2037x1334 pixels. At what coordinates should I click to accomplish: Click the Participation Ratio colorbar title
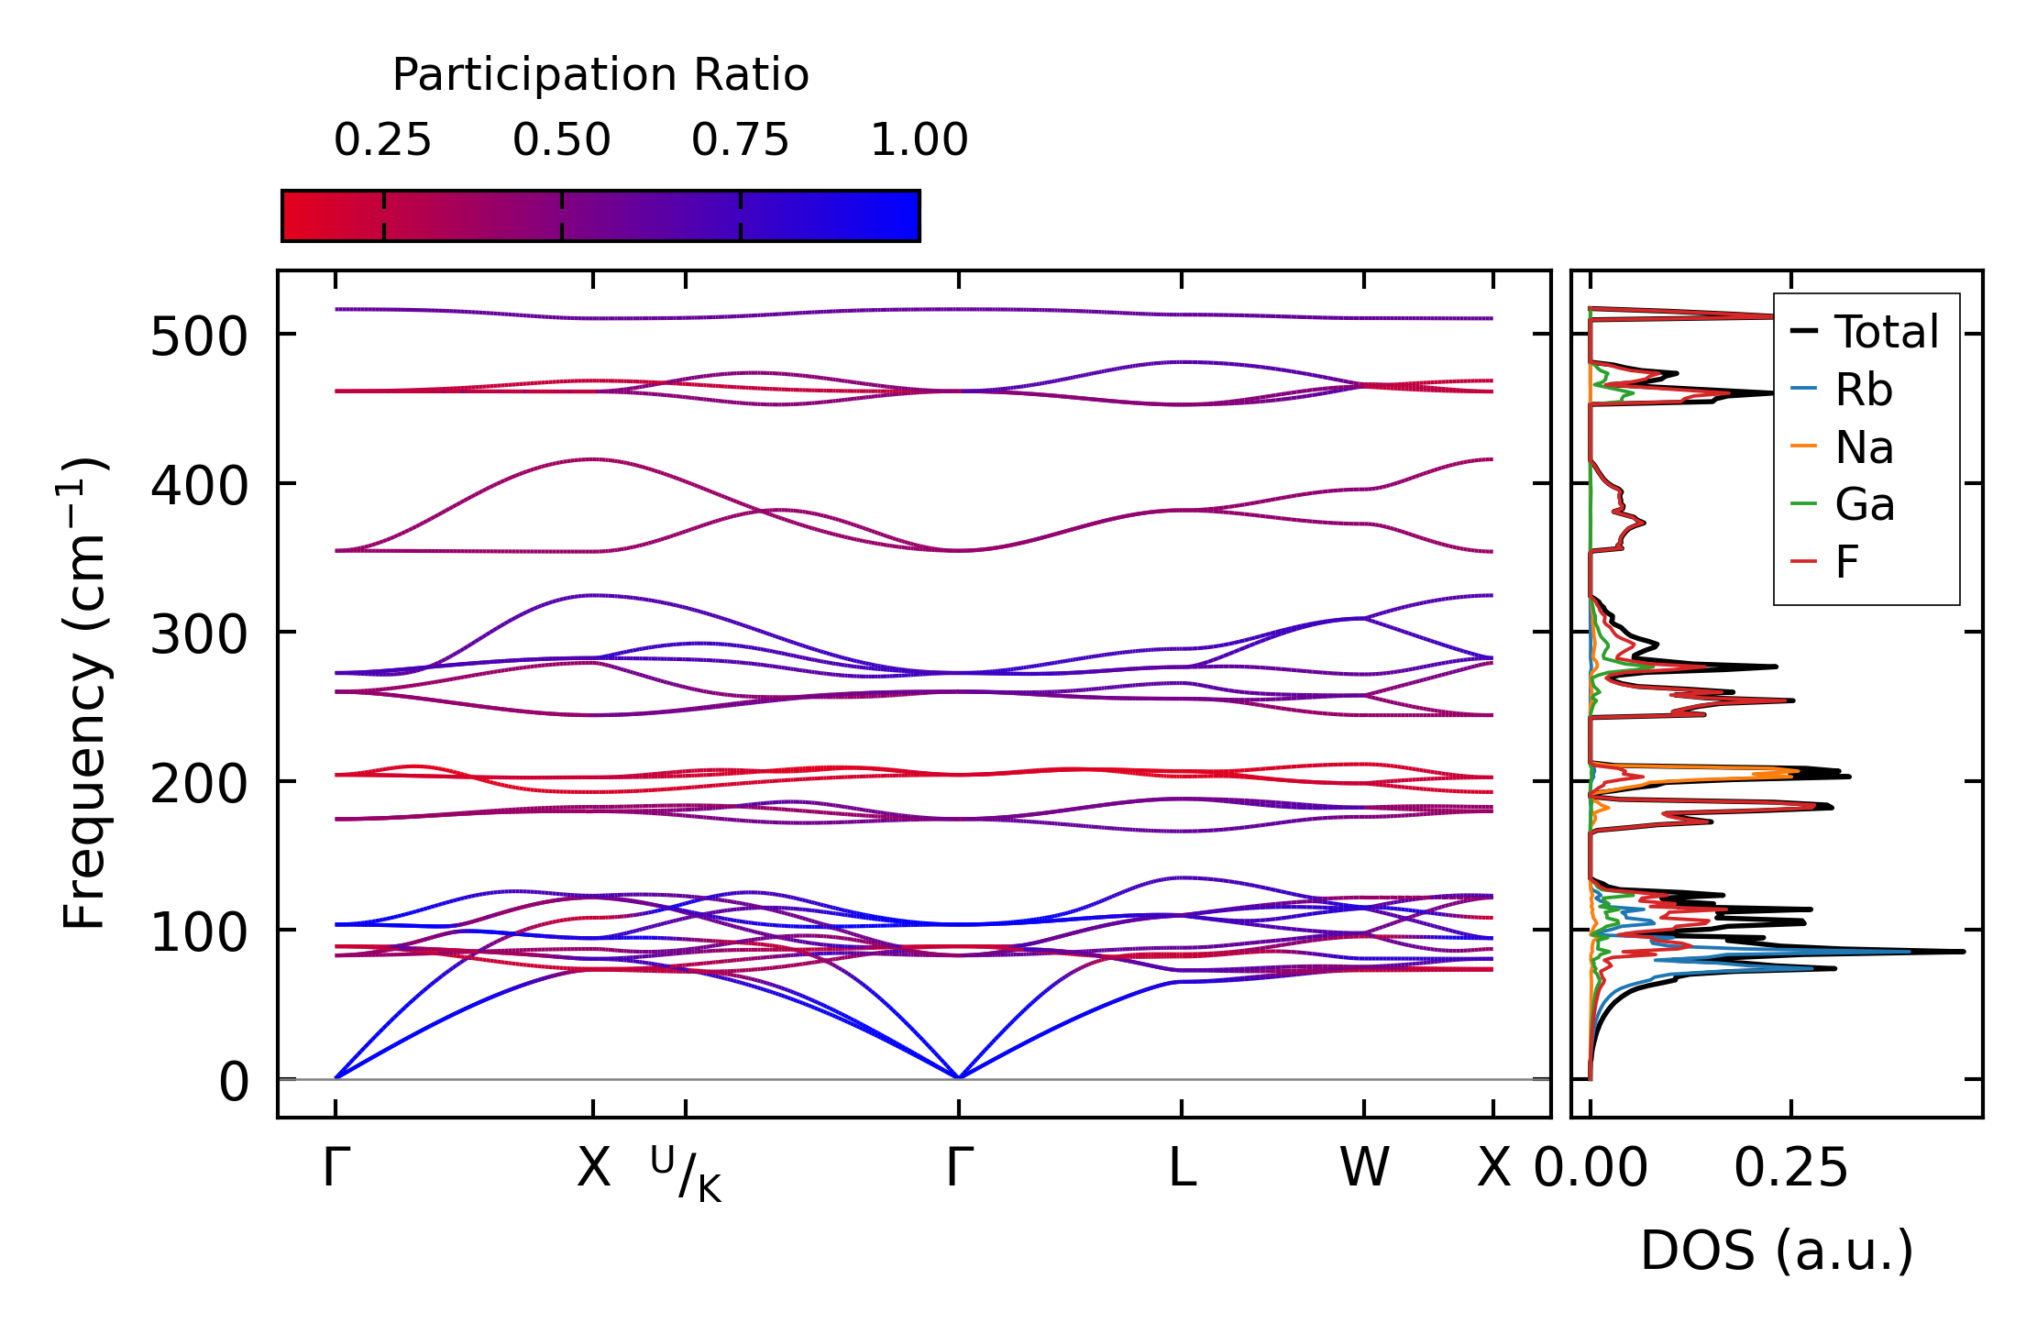pos(600,75)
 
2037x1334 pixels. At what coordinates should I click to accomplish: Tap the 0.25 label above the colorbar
pos(382,140)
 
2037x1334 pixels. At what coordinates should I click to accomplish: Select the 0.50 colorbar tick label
pos(561,140)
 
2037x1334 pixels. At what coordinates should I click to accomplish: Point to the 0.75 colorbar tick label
pos(740,140)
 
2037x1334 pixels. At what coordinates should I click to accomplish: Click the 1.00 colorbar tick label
pos(919,140)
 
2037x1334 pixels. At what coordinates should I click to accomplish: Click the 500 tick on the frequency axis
pos(199,336)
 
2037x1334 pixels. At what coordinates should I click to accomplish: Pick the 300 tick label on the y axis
pos(199,634)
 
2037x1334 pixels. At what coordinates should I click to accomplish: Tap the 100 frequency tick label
pos(199,932)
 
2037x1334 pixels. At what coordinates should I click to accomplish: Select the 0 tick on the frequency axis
pos(233,1082)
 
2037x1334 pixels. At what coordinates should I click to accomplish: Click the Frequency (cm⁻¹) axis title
pos(84,693)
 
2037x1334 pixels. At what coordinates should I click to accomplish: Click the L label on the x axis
pos(1183,1168)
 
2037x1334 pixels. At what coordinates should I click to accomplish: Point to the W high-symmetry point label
pos(1364,1168)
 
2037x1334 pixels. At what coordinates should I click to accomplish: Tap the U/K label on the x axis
pos(686,1174)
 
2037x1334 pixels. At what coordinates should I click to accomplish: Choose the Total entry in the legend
pos(1865,331)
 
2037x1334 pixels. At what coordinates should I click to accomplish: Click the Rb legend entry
pos(1842,390)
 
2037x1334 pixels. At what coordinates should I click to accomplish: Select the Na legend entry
pos(1842,447)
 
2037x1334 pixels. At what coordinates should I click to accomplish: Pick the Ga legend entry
pos(1842,504)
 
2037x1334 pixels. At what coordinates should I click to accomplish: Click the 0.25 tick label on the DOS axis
pos(1791,1168)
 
